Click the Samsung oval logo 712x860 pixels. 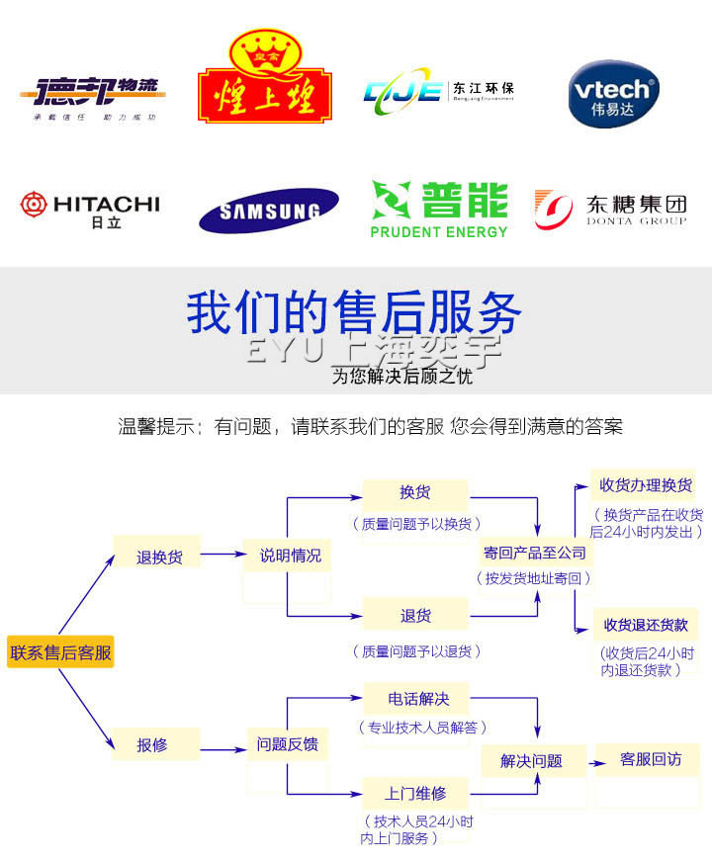click(x=269, y=210)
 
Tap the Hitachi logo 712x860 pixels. click(x=90, y=210)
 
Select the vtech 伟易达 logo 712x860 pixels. click(x=613, y=94)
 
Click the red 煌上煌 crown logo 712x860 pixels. click(x=264, y=80)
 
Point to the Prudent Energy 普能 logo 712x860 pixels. click(x=439, y=209)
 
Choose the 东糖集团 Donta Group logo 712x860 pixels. click(x=610, y=210)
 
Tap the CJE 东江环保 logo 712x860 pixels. click(x=439, y=92)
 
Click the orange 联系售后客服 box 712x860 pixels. click(x=60, y=652)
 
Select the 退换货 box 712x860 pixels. click(x=159, y=557)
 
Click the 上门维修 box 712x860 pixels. click(x=416, y=793)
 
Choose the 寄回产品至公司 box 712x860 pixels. click(x=535, y=552)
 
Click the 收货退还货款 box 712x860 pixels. click(x=646, y=625)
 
